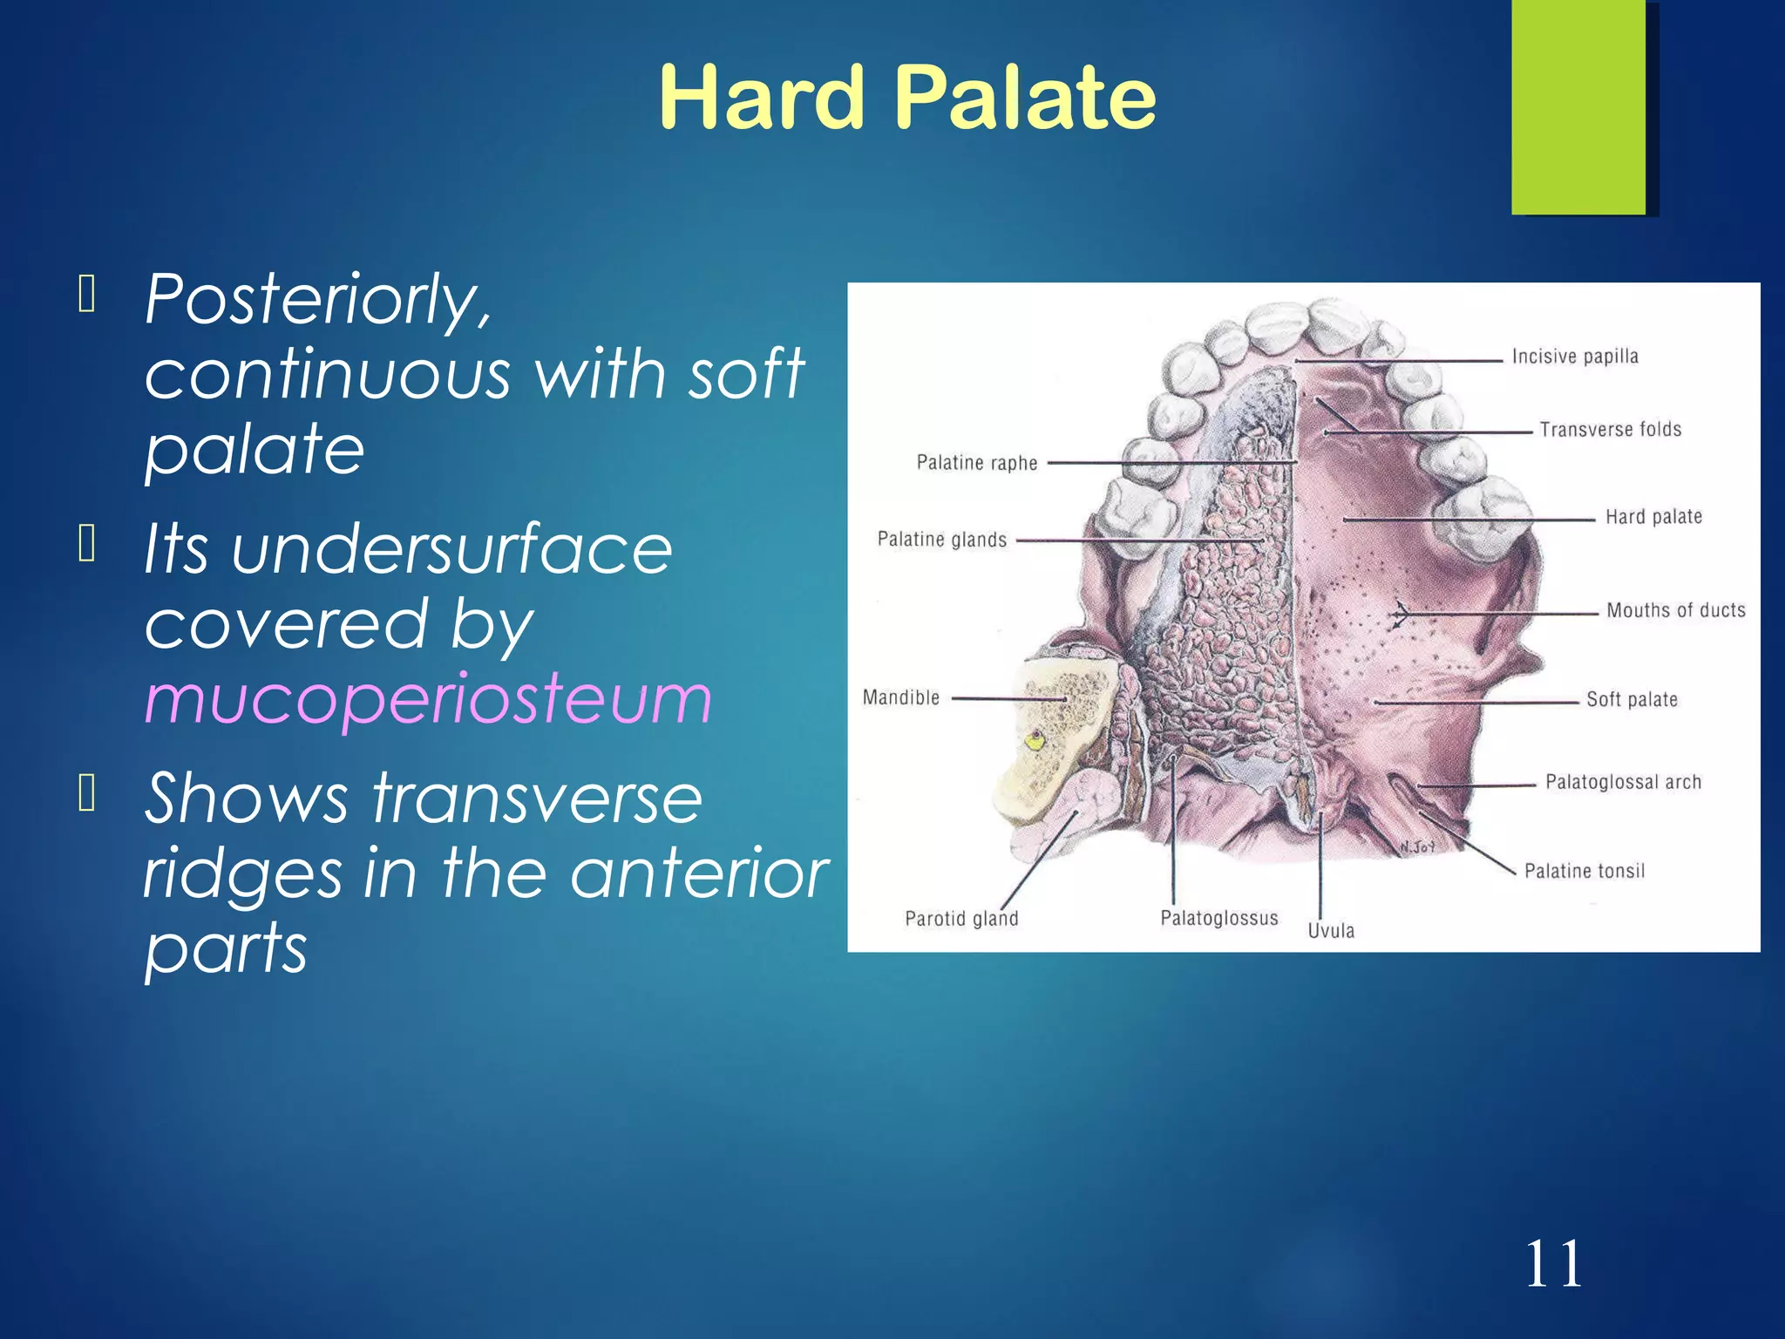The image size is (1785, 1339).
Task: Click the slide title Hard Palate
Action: pyautogui.click(x=906, y=98)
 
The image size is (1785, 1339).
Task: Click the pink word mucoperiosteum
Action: pyautogui.click(x=428, y=698)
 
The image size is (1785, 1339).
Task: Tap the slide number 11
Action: pyautogui.click(x=1553, y=1264)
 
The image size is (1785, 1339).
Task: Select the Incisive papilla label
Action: pyautogui.click(x=1575, y=357)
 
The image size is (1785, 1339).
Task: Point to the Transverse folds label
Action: pyautogui.click(x=1610, y=430)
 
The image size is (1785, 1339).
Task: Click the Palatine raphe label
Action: pyautogui.click(x=976, y=463)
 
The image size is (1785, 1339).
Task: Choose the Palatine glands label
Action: pyautogui.click(x=941, y=540)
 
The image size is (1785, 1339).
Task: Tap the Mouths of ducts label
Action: pyautogui.click(x=1675, y=610)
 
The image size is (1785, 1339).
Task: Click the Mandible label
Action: pyautogui.click(x=900, y=697)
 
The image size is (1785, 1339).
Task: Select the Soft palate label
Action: pyautogui.click(x=1631, y=699)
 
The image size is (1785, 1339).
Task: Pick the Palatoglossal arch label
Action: pyautogui.click(x=1623, y=782)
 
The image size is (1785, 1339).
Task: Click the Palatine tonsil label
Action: pyautogui.click(x=1584, y=871)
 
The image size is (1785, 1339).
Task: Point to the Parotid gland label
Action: pyautogui.click(x=960, y=919)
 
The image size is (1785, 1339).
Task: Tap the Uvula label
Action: pyautogui.click(x=1330, y=931)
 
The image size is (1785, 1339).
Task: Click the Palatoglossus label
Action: pyautogui.click(x=1218, y=918)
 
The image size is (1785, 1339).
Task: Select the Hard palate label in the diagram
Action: pyautogui.click(x=1653, y=517)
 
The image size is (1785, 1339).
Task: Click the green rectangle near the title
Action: pyautogui.click(x=1578, y=106)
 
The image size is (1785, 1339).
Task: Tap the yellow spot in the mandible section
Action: pyautogui.click(x=1035, y=741)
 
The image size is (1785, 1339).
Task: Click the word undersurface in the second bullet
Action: pyautogui.click(x=451, y=550)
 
